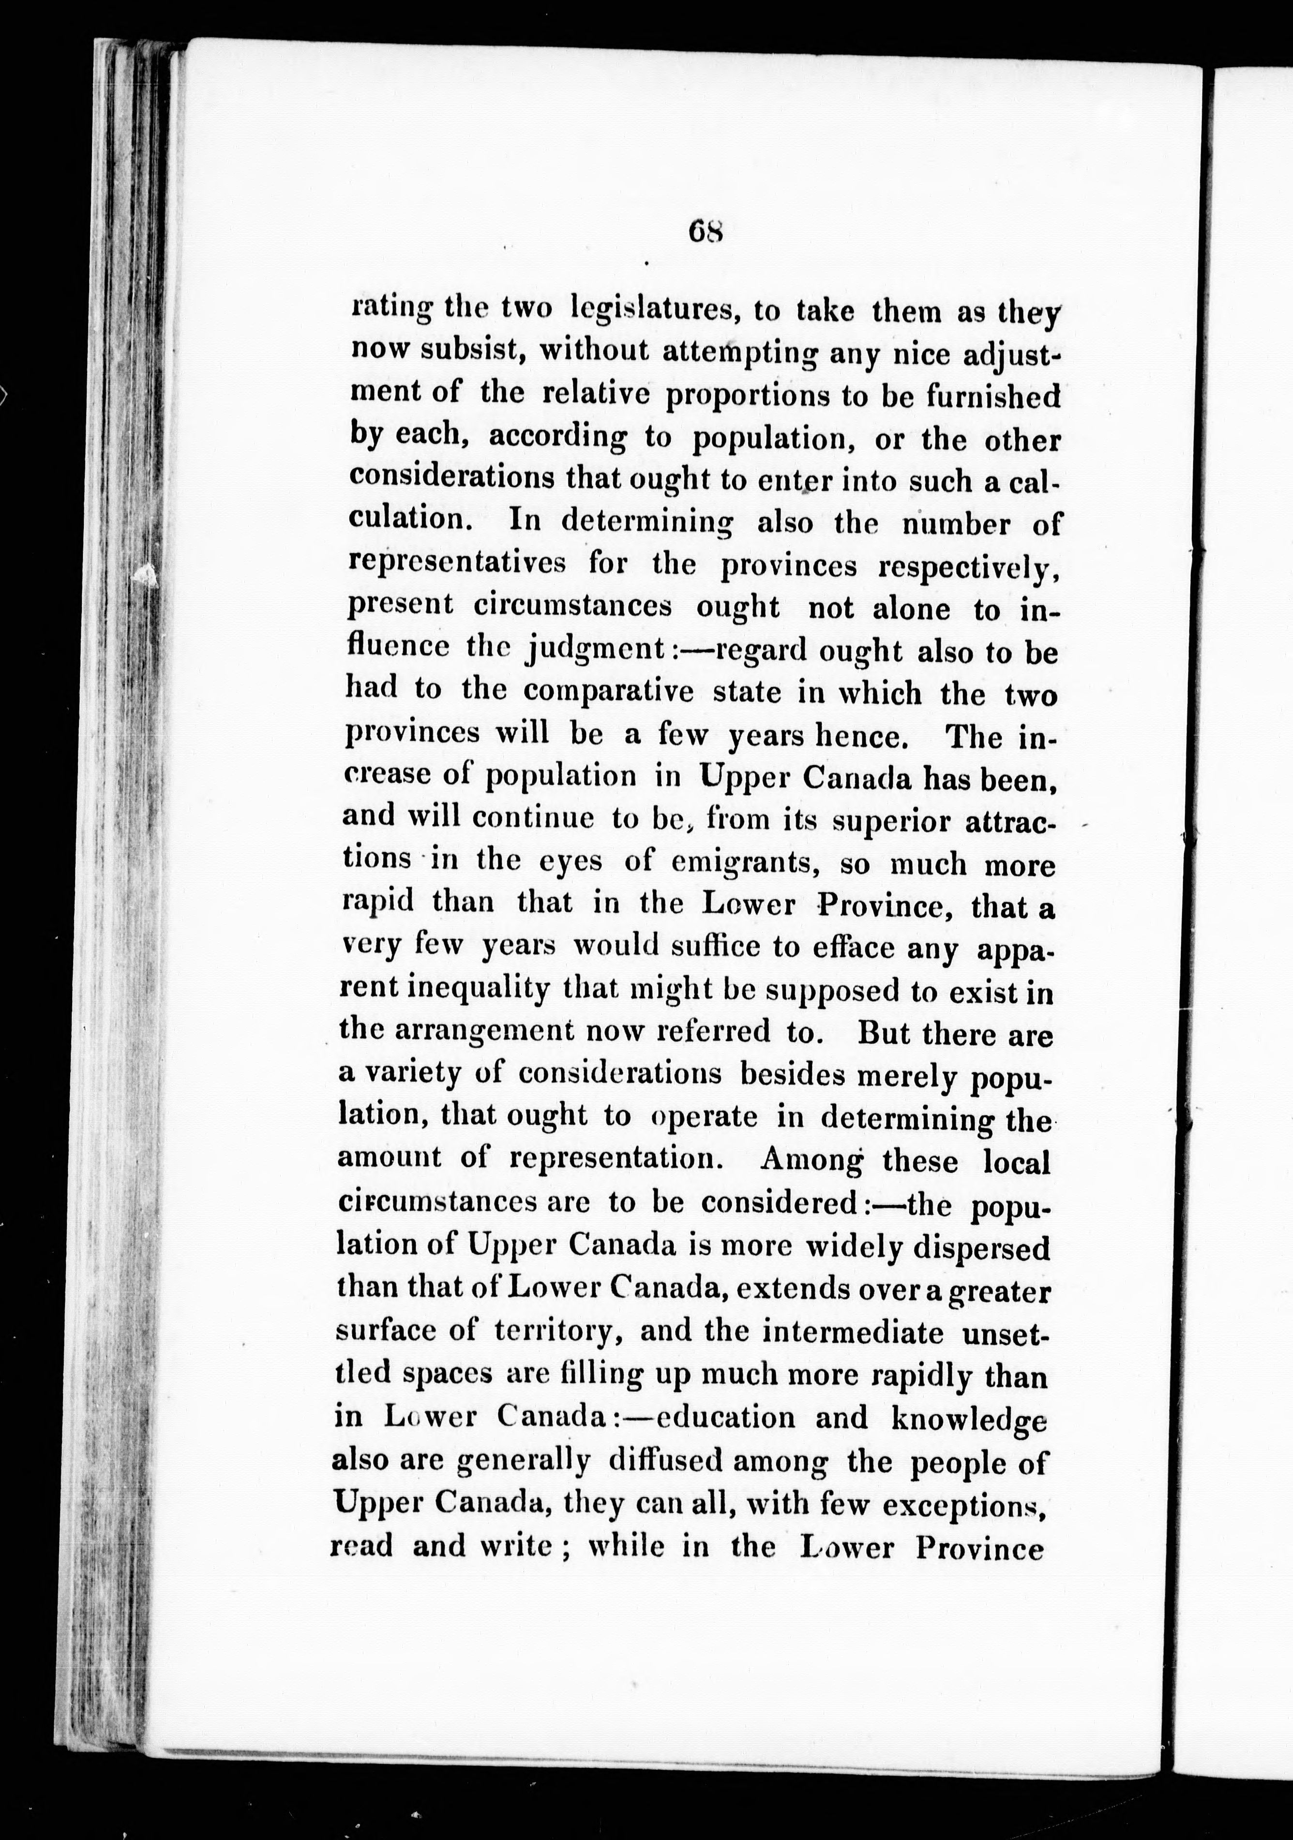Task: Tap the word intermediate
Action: pos(853,1332)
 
